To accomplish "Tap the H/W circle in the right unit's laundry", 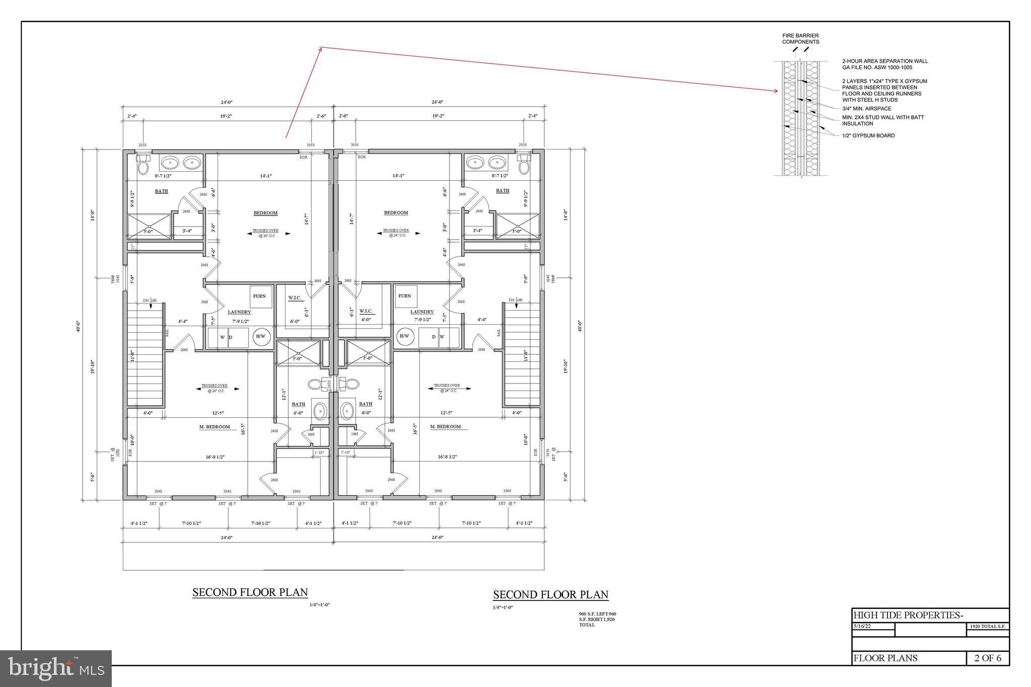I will click(404, 336).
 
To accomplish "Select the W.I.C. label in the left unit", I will click(294, 298).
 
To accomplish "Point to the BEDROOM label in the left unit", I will click(265, 213).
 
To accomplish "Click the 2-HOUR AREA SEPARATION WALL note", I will click(885, 64).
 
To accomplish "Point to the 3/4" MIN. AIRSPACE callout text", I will click(866, 109).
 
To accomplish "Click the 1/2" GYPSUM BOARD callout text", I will click(868, 135).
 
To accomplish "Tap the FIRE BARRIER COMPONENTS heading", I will click(800, 39).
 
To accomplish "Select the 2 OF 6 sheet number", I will click(988, 658).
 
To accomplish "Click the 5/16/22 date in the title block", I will click(862, 627).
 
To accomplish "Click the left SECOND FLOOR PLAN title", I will click(250, 592).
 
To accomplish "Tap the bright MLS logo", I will click(56, 668).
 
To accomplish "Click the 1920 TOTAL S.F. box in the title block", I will click(987, 627).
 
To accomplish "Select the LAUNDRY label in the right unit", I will click(421, 312).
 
